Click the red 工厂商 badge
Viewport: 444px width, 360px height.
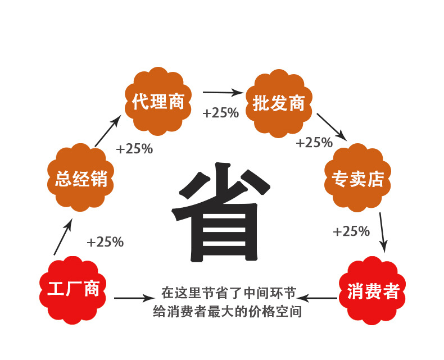(x=73, y=290)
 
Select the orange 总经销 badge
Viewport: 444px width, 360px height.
(x=81, y=177)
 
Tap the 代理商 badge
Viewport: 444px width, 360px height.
(x=158, y=101)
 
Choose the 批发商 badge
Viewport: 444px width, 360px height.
(x=279, y=103)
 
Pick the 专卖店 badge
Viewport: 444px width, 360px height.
(x=357, y=177)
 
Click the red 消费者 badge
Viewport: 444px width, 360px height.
(x=373, y=291)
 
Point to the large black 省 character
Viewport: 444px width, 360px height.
(x=221, y=212)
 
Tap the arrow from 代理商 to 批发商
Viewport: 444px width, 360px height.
(x=223, y=92)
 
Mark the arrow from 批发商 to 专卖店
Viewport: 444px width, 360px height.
(x=332, y=127)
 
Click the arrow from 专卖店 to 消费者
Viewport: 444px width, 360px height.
(x=383, y=232)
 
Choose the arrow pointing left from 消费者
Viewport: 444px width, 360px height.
(x=317, y=298)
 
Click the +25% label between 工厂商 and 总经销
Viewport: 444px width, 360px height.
(x=105, y=242)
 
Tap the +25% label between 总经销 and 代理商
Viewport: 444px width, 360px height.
(x=134, y=149)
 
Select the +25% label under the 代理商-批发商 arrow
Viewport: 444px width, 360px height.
(x=221, y=113)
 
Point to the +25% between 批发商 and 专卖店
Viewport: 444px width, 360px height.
(x=314, y=142)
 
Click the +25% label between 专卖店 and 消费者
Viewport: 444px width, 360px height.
(x=351, y=231)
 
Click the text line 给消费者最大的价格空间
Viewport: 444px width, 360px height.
(x=228, y=312)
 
